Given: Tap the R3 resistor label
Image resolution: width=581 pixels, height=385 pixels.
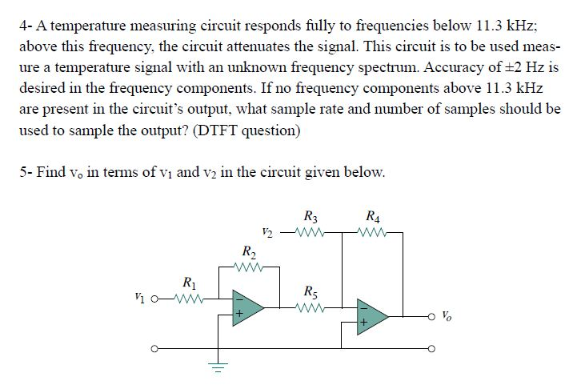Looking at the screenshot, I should point(311,215).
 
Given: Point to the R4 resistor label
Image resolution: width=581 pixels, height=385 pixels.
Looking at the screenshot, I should point(372,215).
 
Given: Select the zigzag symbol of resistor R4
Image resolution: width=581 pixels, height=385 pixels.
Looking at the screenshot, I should point(372,235).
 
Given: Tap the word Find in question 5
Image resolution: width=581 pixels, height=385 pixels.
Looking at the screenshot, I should point(52,172).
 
